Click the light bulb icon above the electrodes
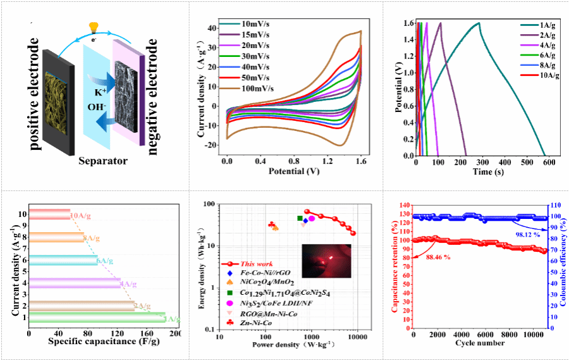(x=94, y=27)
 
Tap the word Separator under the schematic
(x=103, y=161)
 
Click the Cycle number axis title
(x=479, y=342)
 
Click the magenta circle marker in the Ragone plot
(x=312, y=218)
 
